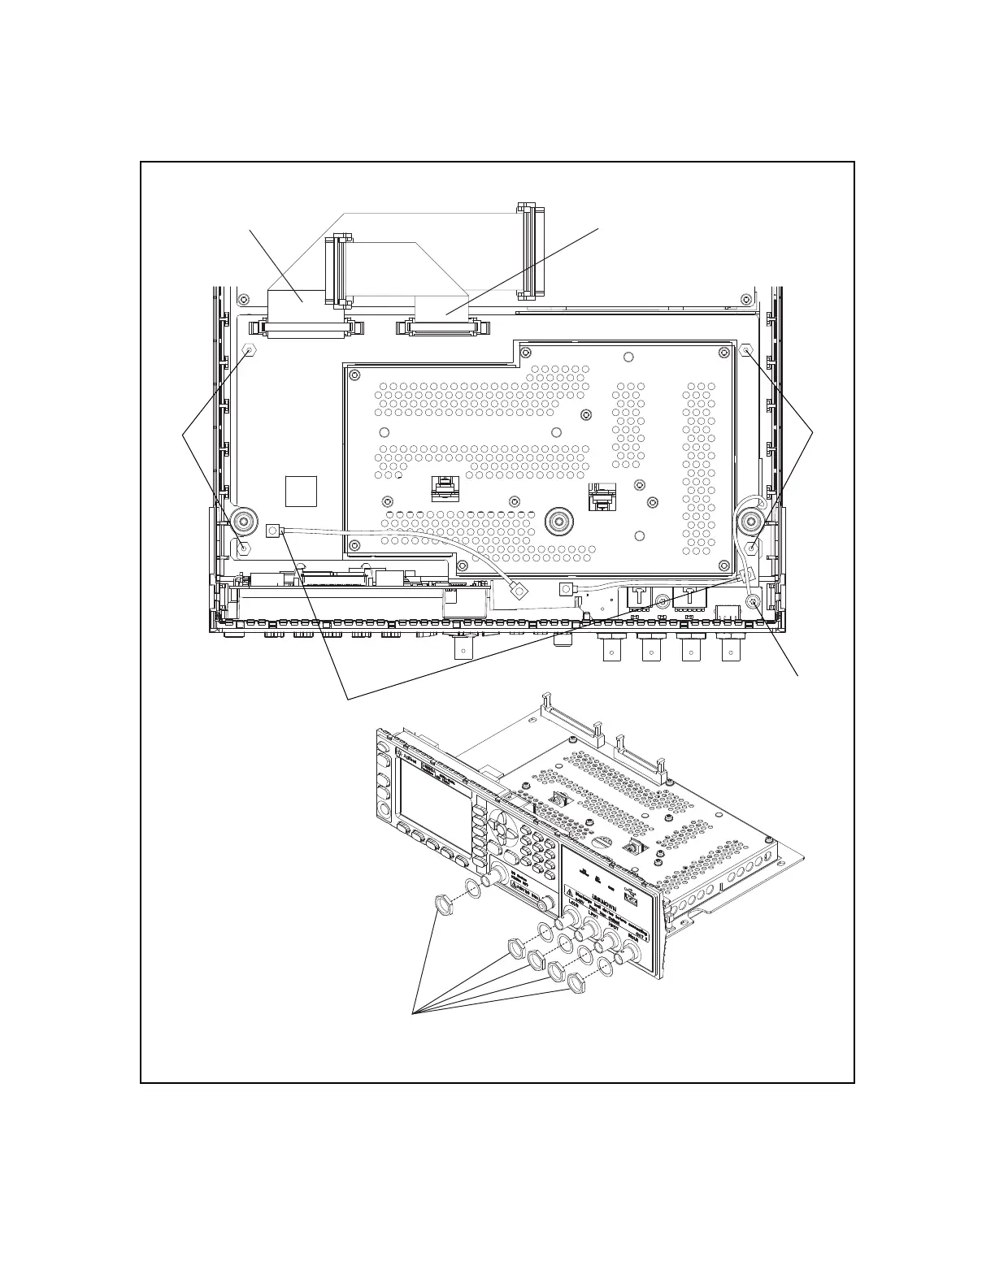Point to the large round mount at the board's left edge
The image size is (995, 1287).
pyautogui.click(x=244, y=520)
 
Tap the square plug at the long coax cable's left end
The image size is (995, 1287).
pyautogui.click(x=273, y=531)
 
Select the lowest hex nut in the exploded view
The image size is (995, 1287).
pyautogui.click(x=576, y=985)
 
